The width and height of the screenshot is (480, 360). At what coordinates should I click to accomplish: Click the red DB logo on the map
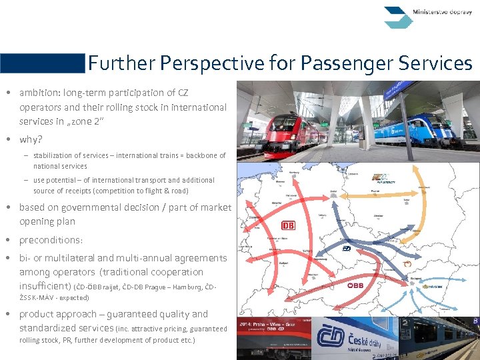pos(288,225)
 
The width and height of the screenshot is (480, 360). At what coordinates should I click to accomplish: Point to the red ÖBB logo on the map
pos(354,285)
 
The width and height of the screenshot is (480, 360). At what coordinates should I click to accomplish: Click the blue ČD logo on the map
pos(347,249)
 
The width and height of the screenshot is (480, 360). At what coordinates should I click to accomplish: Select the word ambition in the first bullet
pos(39,93)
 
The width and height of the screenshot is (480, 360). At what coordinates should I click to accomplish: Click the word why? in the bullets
pos(31,139)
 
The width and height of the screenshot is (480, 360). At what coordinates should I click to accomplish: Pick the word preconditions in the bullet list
pos(49,239)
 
